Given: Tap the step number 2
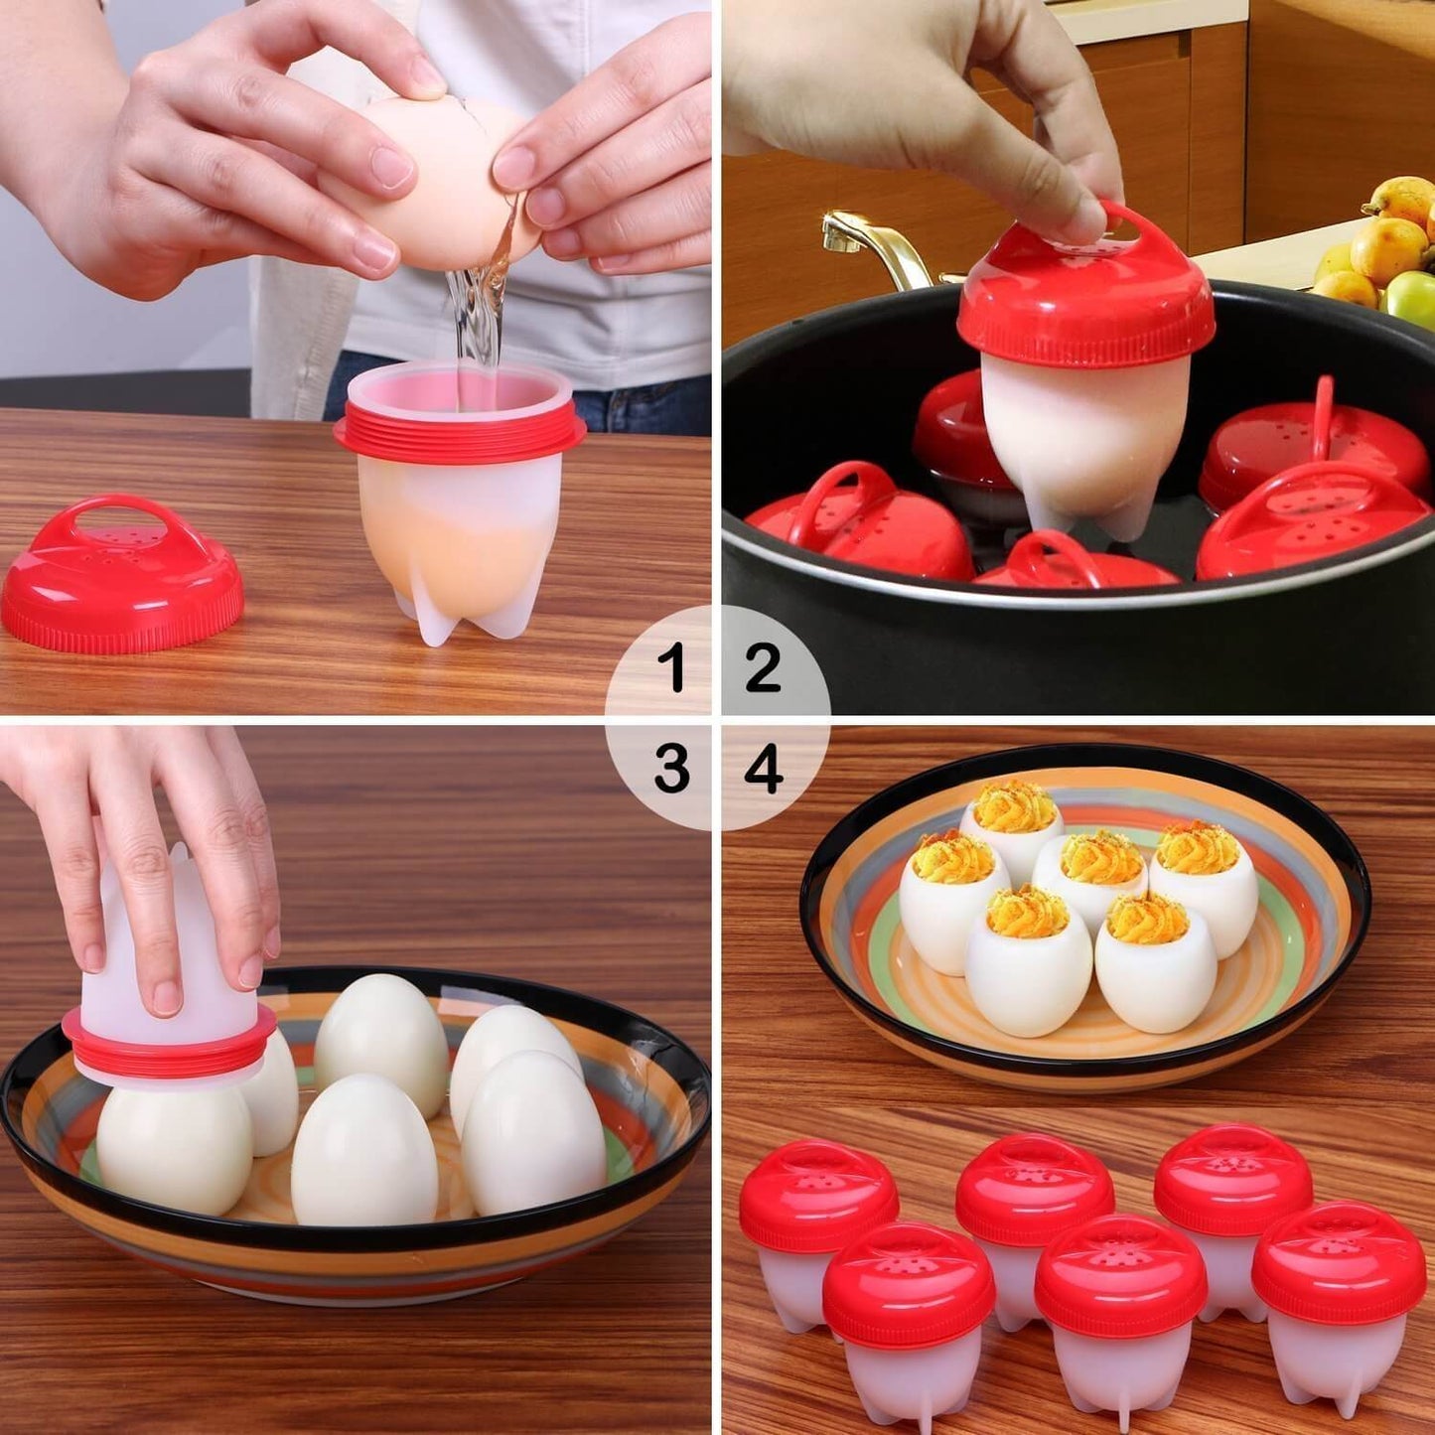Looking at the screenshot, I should [x=763, y=666].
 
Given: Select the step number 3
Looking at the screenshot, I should [x=672, y=768].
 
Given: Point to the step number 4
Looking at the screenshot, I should [x=763, y=768].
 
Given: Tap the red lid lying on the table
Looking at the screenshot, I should [x=121, y=575].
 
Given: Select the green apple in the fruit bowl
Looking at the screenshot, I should [x=1412, y=297].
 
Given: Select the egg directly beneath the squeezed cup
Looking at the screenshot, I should [x=174, y=1148].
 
